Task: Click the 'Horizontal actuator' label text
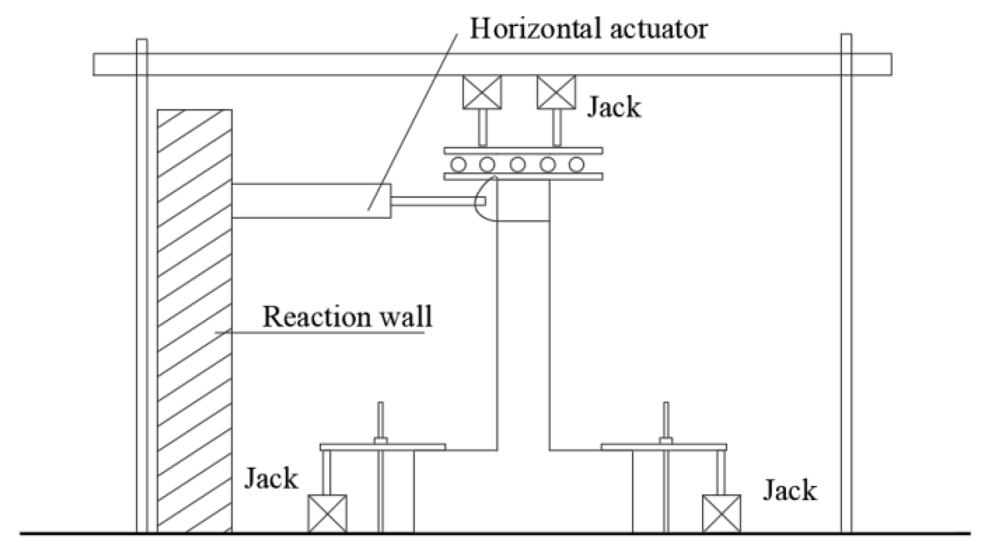coord(588,29)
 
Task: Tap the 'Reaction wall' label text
coord(347,317)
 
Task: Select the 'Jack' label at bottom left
coord(271,478)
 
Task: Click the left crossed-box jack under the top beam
coord(481,92)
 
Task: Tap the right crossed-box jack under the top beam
coord(556,92)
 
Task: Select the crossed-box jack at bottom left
coord(327,513)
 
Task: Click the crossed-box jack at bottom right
coord(721,513)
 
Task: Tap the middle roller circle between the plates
coord(517,164)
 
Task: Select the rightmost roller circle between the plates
coord(577,164)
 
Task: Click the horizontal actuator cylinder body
coord(311,200)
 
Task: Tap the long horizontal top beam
coord(492,64)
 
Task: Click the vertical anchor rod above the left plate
coord(380,419)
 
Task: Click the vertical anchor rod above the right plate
coord(666,419)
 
